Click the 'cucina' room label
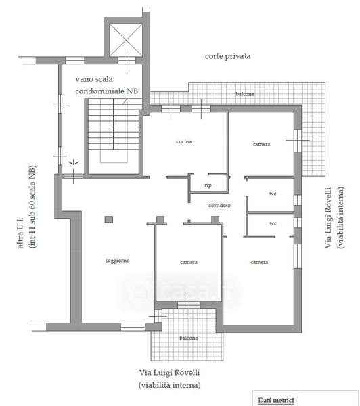click(x=184, y=141)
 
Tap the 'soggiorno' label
click(x=117, y=261)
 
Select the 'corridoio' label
click(x=219, y=205)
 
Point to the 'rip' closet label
click(x=208, y=185)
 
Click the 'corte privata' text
click(x=227, y=56)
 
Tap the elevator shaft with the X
click(x=126, y=40)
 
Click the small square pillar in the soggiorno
click(x=109, y=219)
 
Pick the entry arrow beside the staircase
click(x=74, y=162)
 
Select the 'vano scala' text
click(x=94, y=79)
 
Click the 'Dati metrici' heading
click(x=276, y=400)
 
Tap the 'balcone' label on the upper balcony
click(x=245, y=94)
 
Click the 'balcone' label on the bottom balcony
click(x=189, y=338)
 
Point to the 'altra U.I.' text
click(x=20, y=232)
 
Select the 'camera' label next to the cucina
click(x=261, y=144)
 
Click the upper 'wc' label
click(x=273, y=194)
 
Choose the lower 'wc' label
click(x=273, y=223)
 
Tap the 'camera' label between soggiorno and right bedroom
click(x=189, y=262)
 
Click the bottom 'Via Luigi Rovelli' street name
click(x=169, y=373)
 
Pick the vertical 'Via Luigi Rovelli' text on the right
click(x=328, y=218)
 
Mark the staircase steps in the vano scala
click(x=114, y=125)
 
